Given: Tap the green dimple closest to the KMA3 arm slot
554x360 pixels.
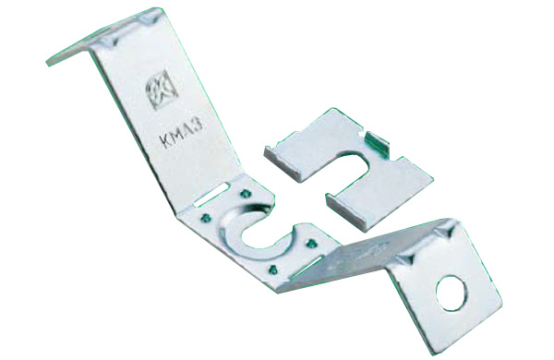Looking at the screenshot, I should (x=242, y=193).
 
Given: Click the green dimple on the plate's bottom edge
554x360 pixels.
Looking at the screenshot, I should (x=271, y=267).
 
